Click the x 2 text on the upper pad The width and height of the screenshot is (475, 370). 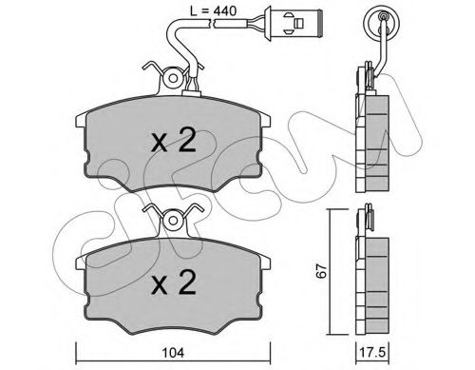point(175,144)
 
